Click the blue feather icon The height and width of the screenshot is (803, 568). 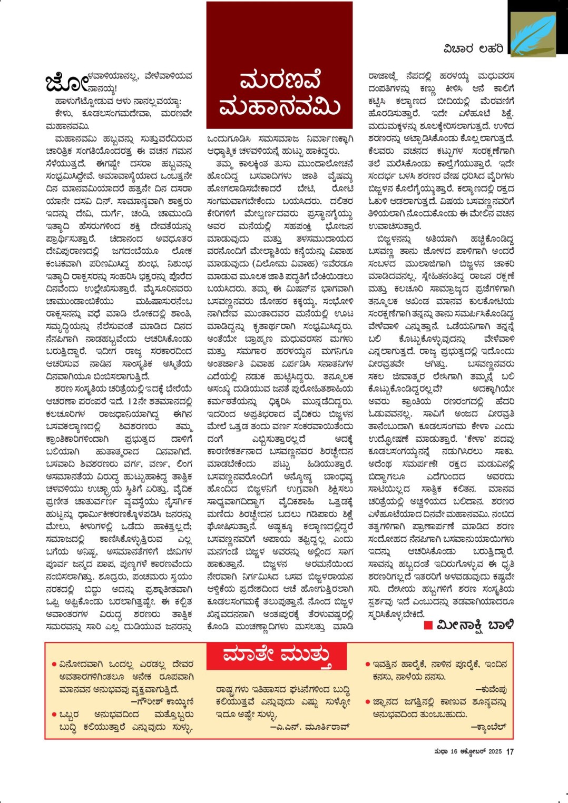[x=533, y=35]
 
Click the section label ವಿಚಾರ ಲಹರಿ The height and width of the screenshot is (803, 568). [x=473, y=49]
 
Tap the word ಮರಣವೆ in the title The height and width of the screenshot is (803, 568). [x=279, y=81]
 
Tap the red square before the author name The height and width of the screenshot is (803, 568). [x=428, y=625]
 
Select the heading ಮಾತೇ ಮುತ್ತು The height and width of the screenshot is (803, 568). [x=277, y=656]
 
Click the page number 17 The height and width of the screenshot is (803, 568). [x=510, y=752]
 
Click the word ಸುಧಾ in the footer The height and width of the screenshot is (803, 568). [x=441, y=752]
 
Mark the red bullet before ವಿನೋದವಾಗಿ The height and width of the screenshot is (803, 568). [x=54, y=665]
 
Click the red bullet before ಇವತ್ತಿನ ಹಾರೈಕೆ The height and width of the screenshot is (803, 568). [x=367, y=665]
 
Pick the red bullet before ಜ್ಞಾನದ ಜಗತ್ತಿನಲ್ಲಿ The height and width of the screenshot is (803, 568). [x=367, y=702]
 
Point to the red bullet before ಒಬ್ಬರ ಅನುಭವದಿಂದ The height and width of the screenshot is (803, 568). [x=54, y=715]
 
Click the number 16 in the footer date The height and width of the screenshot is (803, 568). [x=454, y=752]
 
